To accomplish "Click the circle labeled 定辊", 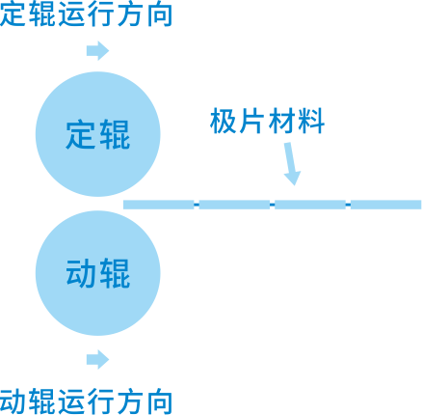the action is coord(97,134).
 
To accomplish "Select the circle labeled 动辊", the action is coord(97,273).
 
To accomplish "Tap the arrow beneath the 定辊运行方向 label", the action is coord(97,51).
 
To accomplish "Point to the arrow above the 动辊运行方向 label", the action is coord(97,359).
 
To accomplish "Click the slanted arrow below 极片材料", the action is coord(291,164).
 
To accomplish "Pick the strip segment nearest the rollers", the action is coord(159,205).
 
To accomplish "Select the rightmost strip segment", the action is coord(385,205).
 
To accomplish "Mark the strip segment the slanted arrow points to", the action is coord(310,205).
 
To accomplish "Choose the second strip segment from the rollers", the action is coord(234,205).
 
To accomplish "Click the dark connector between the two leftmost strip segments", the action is coord(197,205).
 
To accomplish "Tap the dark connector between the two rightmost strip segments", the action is coord(348,205).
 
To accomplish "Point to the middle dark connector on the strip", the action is coord(273,205).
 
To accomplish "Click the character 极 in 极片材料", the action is coord(223,121).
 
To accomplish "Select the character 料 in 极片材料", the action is coord(311,121).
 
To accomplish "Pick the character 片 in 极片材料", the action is coord(252,121).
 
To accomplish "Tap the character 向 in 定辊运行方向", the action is coord(159,14).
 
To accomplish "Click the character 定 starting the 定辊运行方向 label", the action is coord(13,14).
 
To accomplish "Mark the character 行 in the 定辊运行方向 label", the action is coord(101,14).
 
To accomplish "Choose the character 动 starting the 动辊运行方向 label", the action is coord(13,401).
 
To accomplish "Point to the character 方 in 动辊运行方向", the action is coord(130,401).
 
